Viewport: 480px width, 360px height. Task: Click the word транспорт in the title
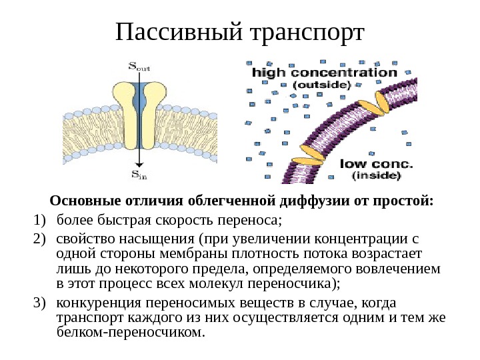click(x=309, y=32)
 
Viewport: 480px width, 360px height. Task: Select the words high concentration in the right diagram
click(x=324, y=72)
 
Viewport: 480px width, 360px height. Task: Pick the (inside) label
click(x=376, y=176)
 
